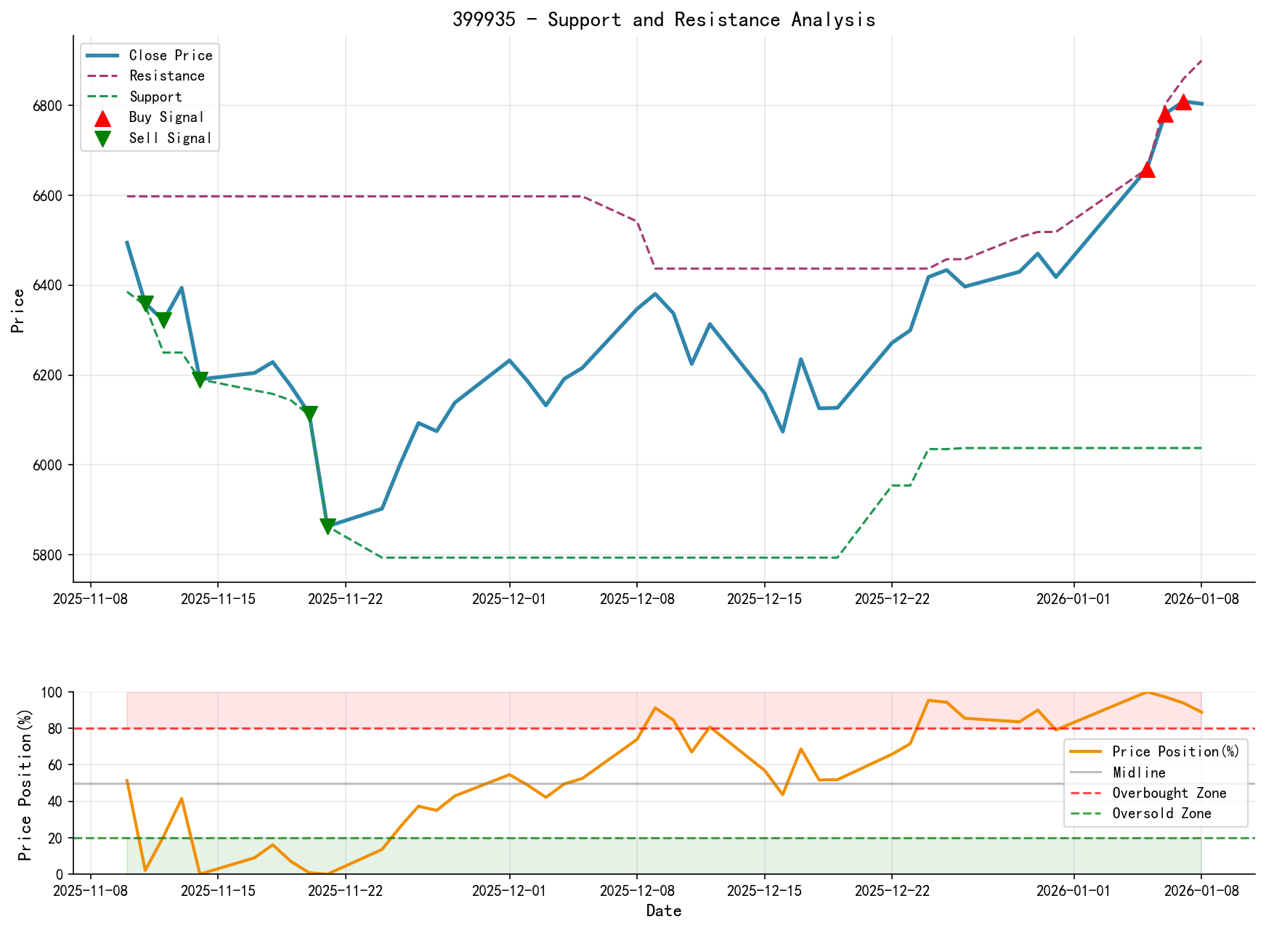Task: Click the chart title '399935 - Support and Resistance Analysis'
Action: click(x=664, y=20)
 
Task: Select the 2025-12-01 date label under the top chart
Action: click(x=509, y=599)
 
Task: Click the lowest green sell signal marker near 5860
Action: click(x=328, y=526)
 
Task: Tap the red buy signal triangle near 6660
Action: click(x=1147, y=169)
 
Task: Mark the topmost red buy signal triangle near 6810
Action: click(x=1183, y=102)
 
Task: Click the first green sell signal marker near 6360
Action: click(x=145, y=303)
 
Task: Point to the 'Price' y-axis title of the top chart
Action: click(x=19, y=311)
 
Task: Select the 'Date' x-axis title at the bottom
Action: click(x=664, y=910)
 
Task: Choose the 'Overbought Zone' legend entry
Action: click(x=1169, y=793)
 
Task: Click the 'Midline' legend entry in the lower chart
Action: click(x=1138, y=772)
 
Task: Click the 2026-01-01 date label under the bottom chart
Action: click(x=1074, y=891)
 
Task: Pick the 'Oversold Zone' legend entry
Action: click(x=1161, y=813)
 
